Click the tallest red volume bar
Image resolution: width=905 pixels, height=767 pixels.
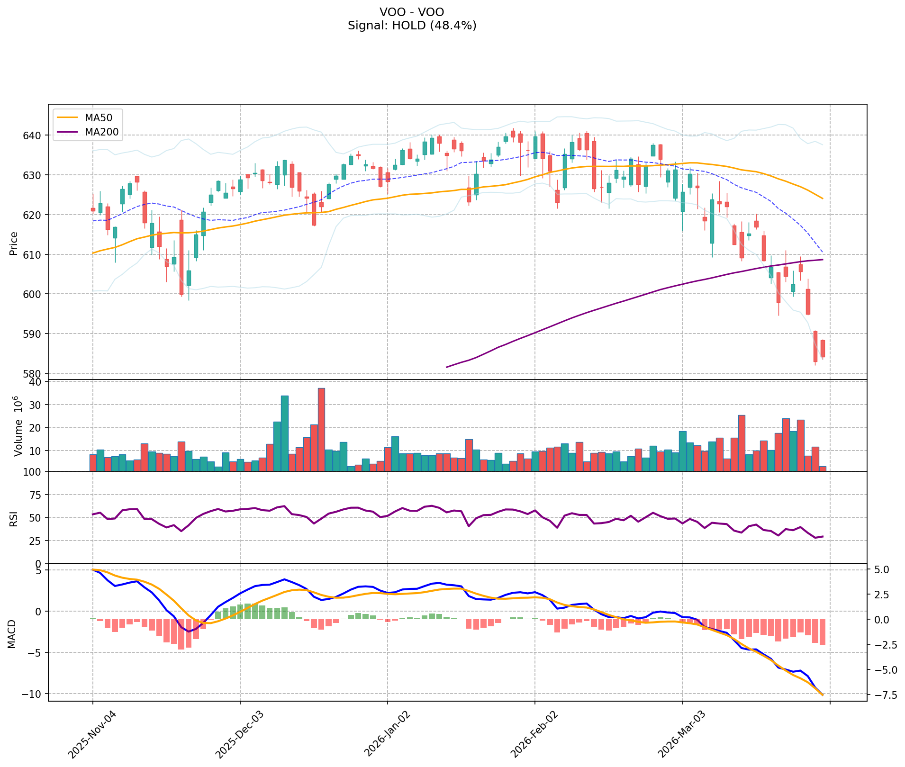[321, 429]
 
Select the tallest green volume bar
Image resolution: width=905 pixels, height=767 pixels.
[285, 433]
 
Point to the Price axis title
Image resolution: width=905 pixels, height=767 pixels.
[14, 243]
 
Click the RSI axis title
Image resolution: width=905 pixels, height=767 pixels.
[14, 518]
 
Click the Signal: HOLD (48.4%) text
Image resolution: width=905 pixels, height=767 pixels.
[412, 26]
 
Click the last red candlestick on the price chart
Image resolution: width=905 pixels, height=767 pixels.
[823, 349]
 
